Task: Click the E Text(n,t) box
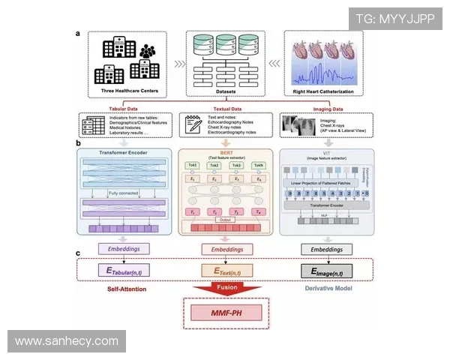[225, 268]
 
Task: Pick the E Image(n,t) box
[326, 268]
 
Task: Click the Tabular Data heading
[124, 109]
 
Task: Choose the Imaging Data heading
[324, 109]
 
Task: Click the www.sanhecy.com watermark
[66, 341]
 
